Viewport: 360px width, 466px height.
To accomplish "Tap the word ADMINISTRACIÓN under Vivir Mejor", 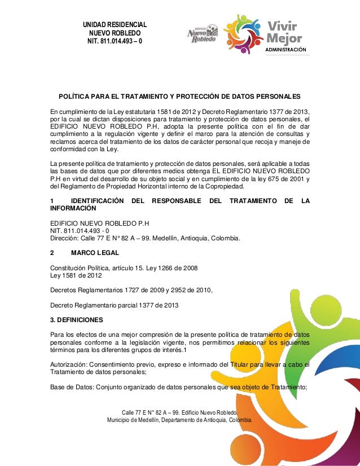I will [x=287, y=50].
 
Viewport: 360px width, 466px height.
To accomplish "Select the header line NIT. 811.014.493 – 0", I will [x=115, y=42].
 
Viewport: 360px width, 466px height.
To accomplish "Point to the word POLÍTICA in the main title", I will [x=77, y=96].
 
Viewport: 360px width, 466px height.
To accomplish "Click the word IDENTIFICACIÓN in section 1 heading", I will [x=95, y=201].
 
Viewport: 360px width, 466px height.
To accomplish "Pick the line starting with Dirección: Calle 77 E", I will [x=145, y=238].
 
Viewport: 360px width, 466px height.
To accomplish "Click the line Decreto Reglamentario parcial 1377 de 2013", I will [x=115, y=305].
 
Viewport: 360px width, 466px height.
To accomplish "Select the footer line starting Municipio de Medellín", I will [x=180, y=420].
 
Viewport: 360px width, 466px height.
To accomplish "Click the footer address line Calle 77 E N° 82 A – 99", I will [x=180, y=412].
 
